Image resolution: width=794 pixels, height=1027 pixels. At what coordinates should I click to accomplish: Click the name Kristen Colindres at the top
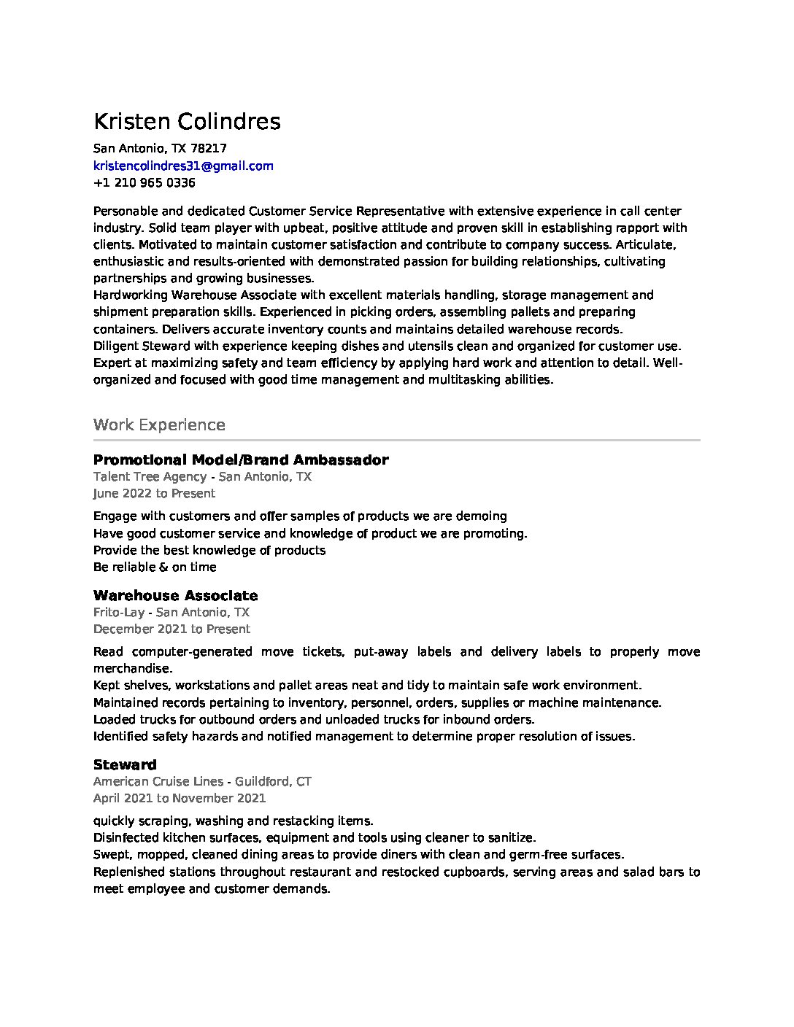click(187, 121)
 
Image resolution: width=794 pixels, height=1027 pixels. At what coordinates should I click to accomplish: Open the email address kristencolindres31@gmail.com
click(183, 166)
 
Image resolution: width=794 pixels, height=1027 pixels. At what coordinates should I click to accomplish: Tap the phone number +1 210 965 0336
click(144, 182)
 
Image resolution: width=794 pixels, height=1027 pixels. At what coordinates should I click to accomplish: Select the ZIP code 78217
click(213, 148)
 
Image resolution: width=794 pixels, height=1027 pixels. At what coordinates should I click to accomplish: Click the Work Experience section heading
click(159, 425)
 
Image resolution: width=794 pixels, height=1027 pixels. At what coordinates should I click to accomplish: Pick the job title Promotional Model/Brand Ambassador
click(241, 460)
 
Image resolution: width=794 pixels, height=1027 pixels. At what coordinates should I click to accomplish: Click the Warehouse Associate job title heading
click(175, 596)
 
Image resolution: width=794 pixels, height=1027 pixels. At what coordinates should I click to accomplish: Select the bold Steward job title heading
click(125, 765)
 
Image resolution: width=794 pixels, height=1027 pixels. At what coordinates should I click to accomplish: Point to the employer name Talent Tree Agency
click(150, 477)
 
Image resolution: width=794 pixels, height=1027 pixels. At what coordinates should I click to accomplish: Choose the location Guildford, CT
click(274, 782)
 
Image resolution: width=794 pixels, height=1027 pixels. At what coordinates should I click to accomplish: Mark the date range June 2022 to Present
click(154, 494)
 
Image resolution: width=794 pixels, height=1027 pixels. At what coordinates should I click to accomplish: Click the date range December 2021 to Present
click(171, 629)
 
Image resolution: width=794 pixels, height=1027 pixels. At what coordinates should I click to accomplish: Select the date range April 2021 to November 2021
click(180, 799)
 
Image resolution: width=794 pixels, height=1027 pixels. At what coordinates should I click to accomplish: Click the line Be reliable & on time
click(155, 567)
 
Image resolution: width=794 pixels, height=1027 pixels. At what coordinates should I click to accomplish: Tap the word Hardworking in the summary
click(130, 295)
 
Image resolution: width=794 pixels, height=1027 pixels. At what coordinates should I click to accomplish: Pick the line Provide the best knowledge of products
click(209, 551)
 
